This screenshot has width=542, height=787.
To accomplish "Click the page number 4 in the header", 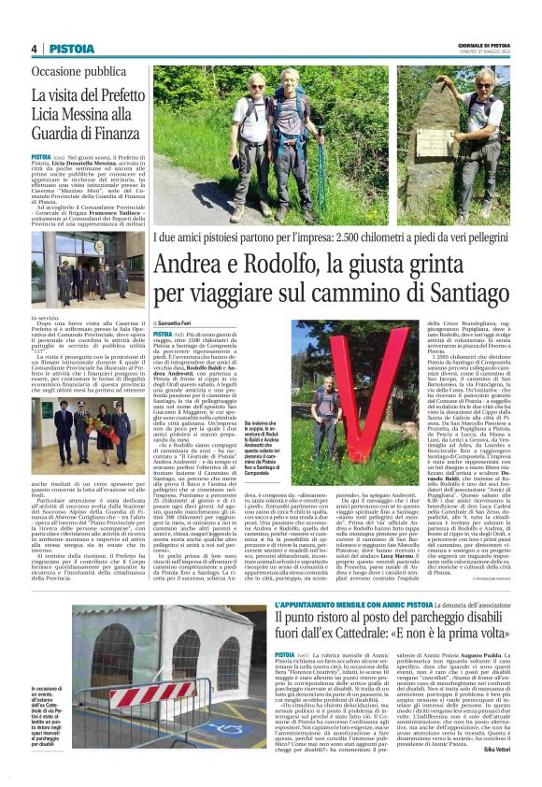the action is pyautogui.click(x=33, y=49).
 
